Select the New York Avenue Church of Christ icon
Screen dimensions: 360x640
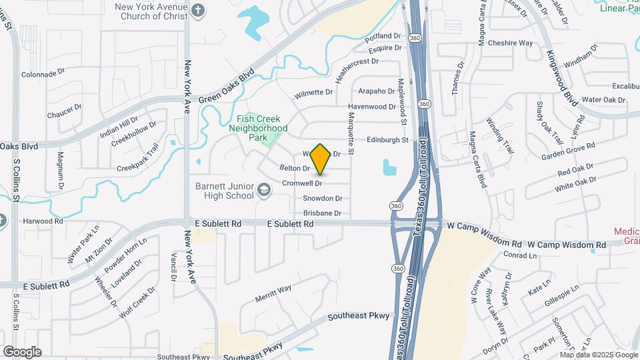tap(198, 10)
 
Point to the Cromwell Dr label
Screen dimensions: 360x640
tap(302, 183)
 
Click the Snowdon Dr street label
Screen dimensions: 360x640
tap(322, 199)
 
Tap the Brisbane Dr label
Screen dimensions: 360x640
tap(322, 213)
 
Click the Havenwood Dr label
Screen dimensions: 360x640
tap(371, 107)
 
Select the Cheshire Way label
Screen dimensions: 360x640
tap(510, 43)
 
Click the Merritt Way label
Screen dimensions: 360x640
tap(273, 289)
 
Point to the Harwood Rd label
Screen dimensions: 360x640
tap(42, 221)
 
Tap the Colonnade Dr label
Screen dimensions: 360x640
tap(43, 75)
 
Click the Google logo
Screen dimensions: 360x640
tap(21, 351)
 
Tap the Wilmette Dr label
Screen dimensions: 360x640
tap(313, 92)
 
